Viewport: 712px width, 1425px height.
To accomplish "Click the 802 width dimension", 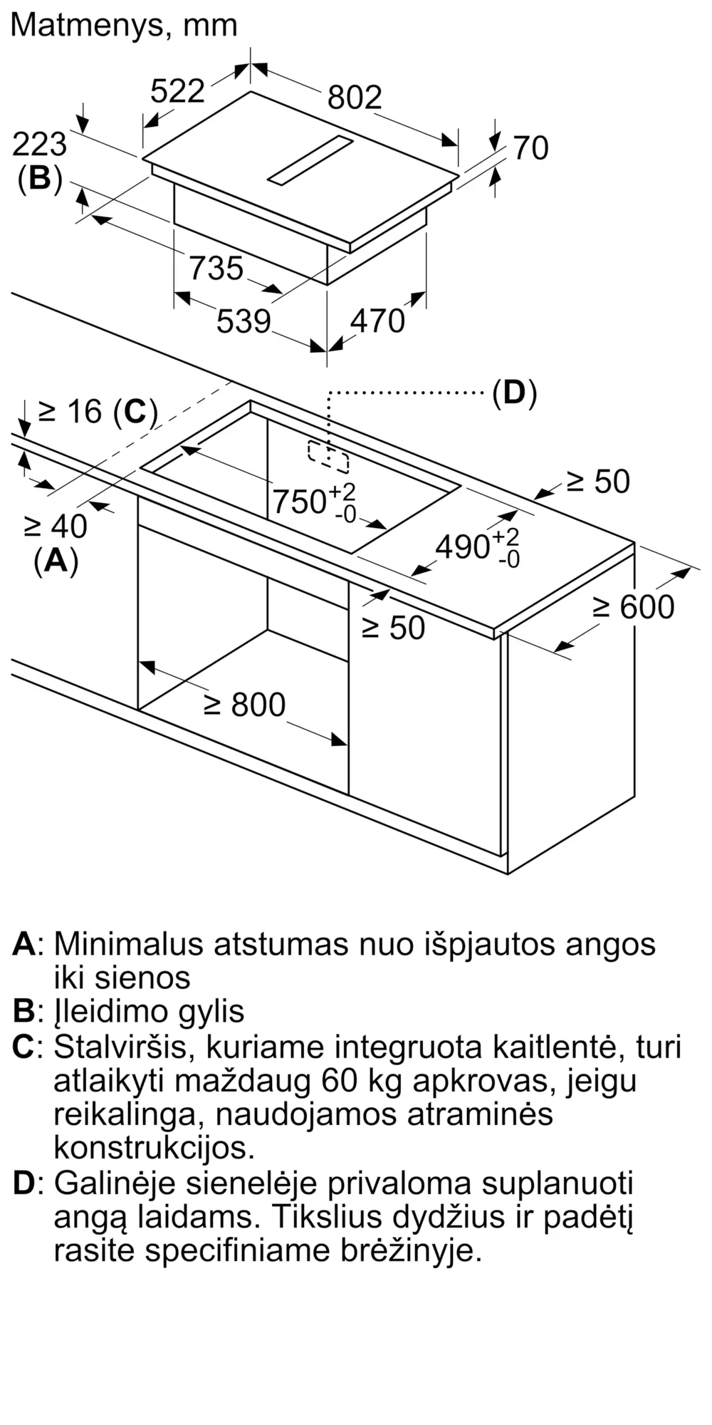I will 355,98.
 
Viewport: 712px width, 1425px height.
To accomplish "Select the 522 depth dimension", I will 178,91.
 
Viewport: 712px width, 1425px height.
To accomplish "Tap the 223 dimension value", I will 40,145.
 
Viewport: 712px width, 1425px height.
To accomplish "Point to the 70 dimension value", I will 530,148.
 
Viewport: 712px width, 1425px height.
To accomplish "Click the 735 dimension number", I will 216,269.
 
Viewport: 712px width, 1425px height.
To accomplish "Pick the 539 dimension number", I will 244,321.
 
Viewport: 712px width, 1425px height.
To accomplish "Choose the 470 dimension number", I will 377,321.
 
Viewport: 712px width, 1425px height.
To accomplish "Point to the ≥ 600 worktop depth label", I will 633,607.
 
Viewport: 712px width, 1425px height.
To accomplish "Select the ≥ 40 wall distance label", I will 56,527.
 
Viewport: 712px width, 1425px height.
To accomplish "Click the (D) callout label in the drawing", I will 514,393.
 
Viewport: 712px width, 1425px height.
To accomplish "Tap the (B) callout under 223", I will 40,178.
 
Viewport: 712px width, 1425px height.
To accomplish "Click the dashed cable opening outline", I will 328,457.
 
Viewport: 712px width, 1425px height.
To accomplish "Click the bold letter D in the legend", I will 23,1183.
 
